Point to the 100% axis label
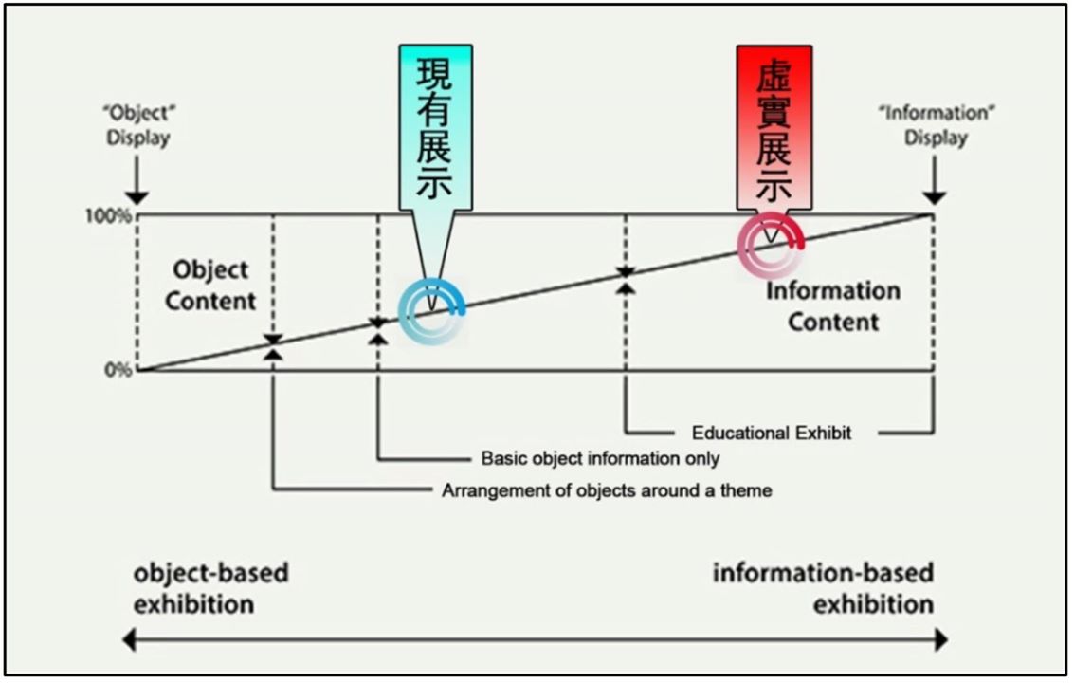(114, 215)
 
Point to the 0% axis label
(119, 370)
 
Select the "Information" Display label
(935, 125)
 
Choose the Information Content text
(833, 306)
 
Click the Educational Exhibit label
(772, 434)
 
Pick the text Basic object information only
(601, 459)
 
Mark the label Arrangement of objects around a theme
(607, 491)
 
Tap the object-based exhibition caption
(210, 588)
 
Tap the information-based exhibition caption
(823, 588)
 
